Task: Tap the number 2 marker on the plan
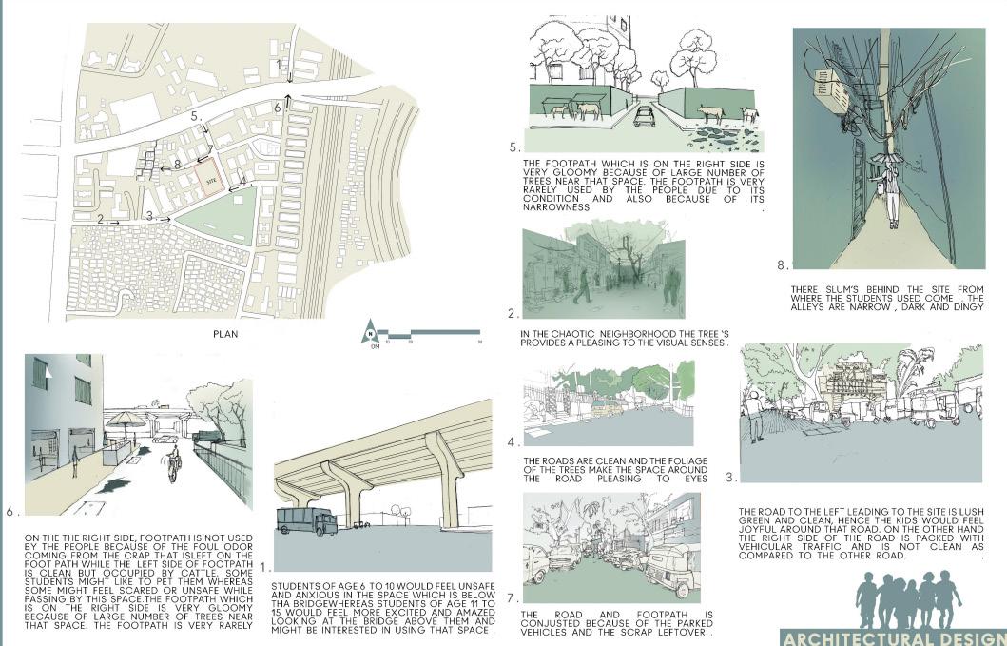(100, 220)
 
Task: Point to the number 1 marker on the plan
(280, 64)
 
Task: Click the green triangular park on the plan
(213, 218)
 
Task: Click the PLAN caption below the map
(225, 334)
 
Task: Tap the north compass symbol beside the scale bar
(367, 334)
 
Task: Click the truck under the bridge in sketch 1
(306, 520)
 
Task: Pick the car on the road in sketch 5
(645, 117)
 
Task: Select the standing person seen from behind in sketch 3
(753, 418)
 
